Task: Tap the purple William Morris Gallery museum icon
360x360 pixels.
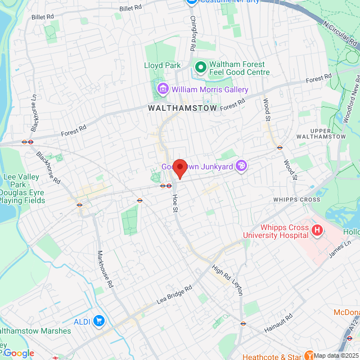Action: pos(163,89)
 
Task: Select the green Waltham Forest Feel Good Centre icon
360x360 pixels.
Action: pos(200,68)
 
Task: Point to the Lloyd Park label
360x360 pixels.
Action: pos(163,66)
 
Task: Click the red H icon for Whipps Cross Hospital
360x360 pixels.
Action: pos(317,230)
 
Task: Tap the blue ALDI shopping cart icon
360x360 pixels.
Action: pos(100,321)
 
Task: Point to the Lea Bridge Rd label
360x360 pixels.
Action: pos(174,294)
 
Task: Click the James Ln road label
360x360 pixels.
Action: pos(339,248)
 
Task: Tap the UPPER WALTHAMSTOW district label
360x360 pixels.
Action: pos(321,133)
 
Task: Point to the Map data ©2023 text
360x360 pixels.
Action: pos(336,355)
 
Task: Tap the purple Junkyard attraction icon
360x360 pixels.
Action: pos(241,166)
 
